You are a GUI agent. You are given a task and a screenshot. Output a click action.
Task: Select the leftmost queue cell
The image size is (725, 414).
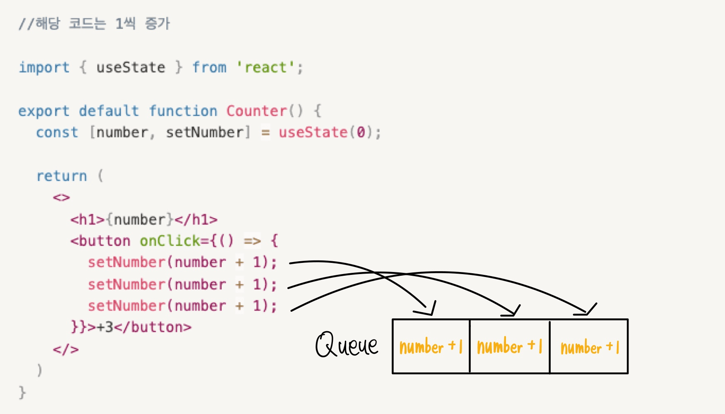click(x=431, y=347)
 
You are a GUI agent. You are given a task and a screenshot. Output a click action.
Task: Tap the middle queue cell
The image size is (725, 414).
click(x=509, y=347)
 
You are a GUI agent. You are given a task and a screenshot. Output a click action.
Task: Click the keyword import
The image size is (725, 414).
click(x=44, y=67)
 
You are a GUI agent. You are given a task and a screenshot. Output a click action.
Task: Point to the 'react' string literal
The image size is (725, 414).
click(x=265, y=67)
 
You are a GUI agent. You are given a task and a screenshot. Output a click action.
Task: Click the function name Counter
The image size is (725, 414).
click(x=256, y=111)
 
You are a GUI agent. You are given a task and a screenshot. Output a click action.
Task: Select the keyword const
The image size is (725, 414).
click(x=57, y=132)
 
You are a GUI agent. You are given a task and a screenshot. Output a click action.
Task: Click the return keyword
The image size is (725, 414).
click(x=62, y=176)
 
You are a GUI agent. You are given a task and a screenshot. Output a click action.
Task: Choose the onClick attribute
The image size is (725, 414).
click(x=169, y=241)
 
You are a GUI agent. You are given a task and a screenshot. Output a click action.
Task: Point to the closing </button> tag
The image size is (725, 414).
click(x=153, y=327)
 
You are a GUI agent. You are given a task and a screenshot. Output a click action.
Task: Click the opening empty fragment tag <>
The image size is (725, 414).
click(x=61, y=197)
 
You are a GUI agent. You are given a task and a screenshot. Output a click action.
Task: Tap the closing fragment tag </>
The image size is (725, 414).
click(x=65, y=349)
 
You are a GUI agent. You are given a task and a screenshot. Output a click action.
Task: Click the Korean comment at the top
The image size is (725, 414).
click(x=94, y=24)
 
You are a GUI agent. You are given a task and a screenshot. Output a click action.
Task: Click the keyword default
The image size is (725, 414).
click(x=109, y=111)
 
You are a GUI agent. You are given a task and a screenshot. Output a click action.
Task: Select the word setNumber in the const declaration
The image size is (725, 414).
click(x=205, y=132)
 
